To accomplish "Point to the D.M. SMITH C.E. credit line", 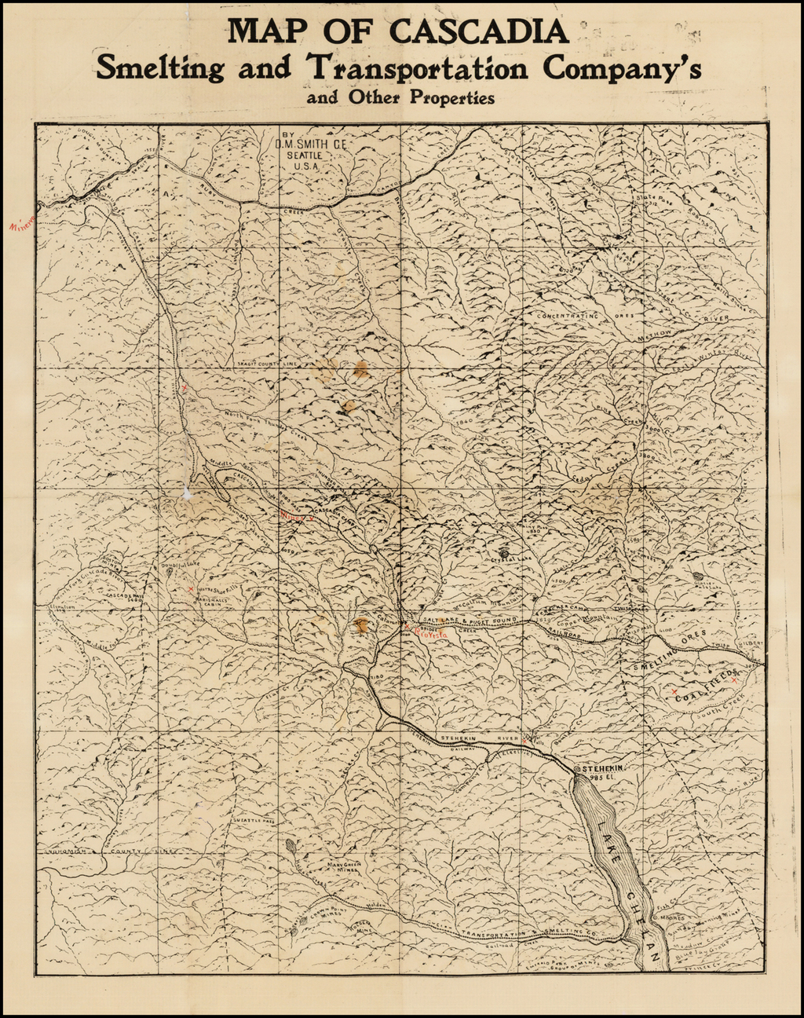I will click(312, 145).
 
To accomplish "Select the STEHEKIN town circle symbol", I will click(578, 767).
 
